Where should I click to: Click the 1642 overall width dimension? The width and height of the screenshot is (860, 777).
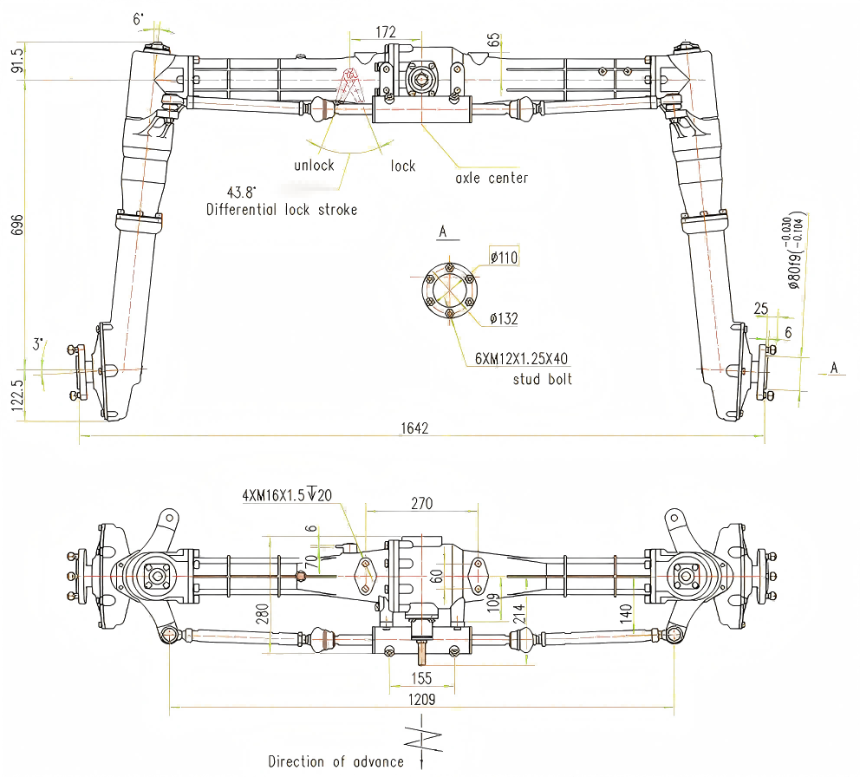[x=415, y=428]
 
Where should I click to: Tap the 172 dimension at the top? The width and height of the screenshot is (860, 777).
[x=386, y=32]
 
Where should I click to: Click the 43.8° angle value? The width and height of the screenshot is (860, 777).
[x=243, y=192]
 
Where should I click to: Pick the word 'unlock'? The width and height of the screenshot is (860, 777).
[x=314, y=166]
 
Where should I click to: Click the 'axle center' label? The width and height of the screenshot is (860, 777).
[x=492, y=178]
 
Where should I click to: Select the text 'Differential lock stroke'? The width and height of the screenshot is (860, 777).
[x=282, y=209]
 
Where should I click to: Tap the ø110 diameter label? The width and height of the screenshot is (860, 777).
[x=504, y=258]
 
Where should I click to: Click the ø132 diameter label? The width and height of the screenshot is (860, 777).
[x=504, y=318]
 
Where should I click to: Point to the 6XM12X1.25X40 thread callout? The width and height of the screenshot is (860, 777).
[x=520, y=359]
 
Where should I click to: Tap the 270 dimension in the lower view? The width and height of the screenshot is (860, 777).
[x=421, y=503]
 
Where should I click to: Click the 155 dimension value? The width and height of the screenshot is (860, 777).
[x=420, y=678]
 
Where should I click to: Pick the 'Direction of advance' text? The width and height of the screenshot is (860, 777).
[x=336, y=761]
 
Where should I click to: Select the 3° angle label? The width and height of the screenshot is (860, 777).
[x=38, y=343]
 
